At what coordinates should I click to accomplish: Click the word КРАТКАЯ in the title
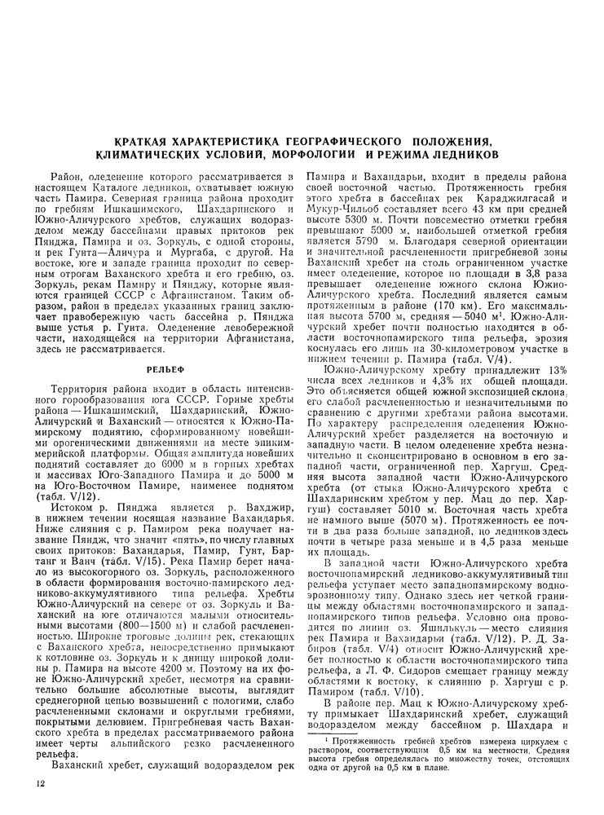tap(149, 142)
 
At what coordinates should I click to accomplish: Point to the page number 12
tap(31, 784)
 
